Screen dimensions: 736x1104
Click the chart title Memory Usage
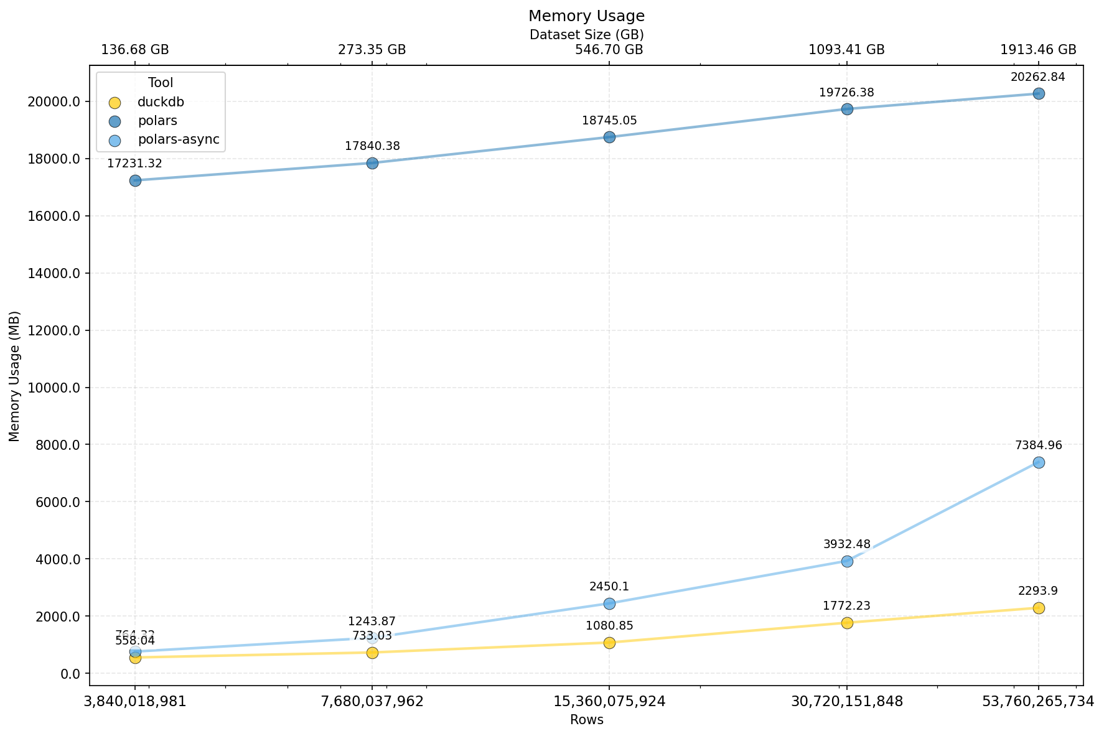click(586, 16)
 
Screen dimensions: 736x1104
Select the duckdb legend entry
click(161, 103)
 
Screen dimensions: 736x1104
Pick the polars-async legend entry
click(178, 140)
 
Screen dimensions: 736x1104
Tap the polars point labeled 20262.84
click(1039, 94)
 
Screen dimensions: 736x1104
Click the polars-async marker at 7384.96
click(1039, 463)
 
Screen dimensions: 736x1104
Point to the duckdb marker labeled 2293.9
click(1039, 608)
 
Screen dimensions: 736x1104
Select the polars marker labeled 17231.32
click(135, 181)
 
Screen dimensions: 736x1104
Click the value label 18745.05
click(609, 121)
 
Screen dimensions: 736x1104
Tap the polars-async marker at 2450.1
click(609, 603)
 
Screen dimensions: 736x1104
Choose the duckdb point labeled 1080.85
click(609, 643)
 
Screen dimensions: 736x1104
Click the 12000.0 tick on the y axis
click(55, 330)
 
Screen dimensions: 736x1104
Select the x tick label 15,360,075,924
click(609, 702)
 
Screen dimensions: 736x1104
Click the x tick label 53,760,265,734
click(1037, 702)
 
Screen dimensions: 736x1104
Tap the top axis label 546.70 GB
click(609, 50)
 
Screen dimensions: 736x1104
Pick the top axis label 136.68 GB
click(135, 50)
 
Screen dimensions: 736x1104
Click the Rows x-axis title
click(586, 720)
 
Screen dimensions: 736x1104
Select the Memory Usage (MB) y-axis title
click(15, 376)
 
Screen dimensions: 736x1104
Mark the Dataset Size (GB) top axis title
click(586, 35)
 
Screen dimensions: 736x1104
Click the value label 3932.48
click(846, 544)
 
